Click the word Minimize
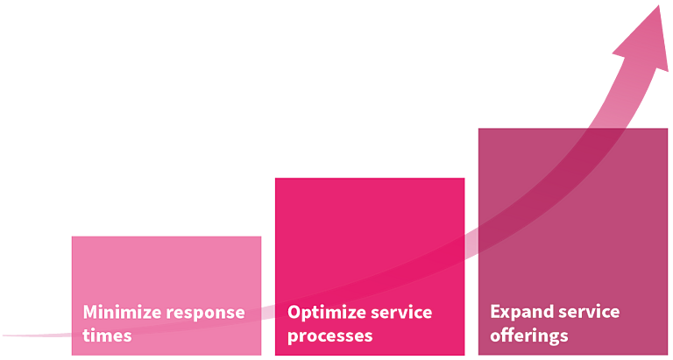pyautogui.click(x=122, y=312)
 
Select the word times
pyautogui.click(x=107, y=335)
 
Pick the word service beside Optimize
pyautogui.click(x=401, y=312)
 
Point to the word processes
pyautogui.click(x=329, y=336)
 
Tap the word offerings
pyautogui.click(x=529, y=335)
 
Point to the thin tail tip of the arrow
pyautogui.click(x=4, y=335)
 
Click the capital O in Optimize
pyautogui.click(x=294, y=313)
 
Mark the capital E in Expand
pyautogui.click(x=495, y=312)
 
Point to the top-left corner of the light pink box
pyautogui.click(x=72, y=236)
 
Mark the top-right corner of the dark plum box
pyautogui.click(x=668, y=128)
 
